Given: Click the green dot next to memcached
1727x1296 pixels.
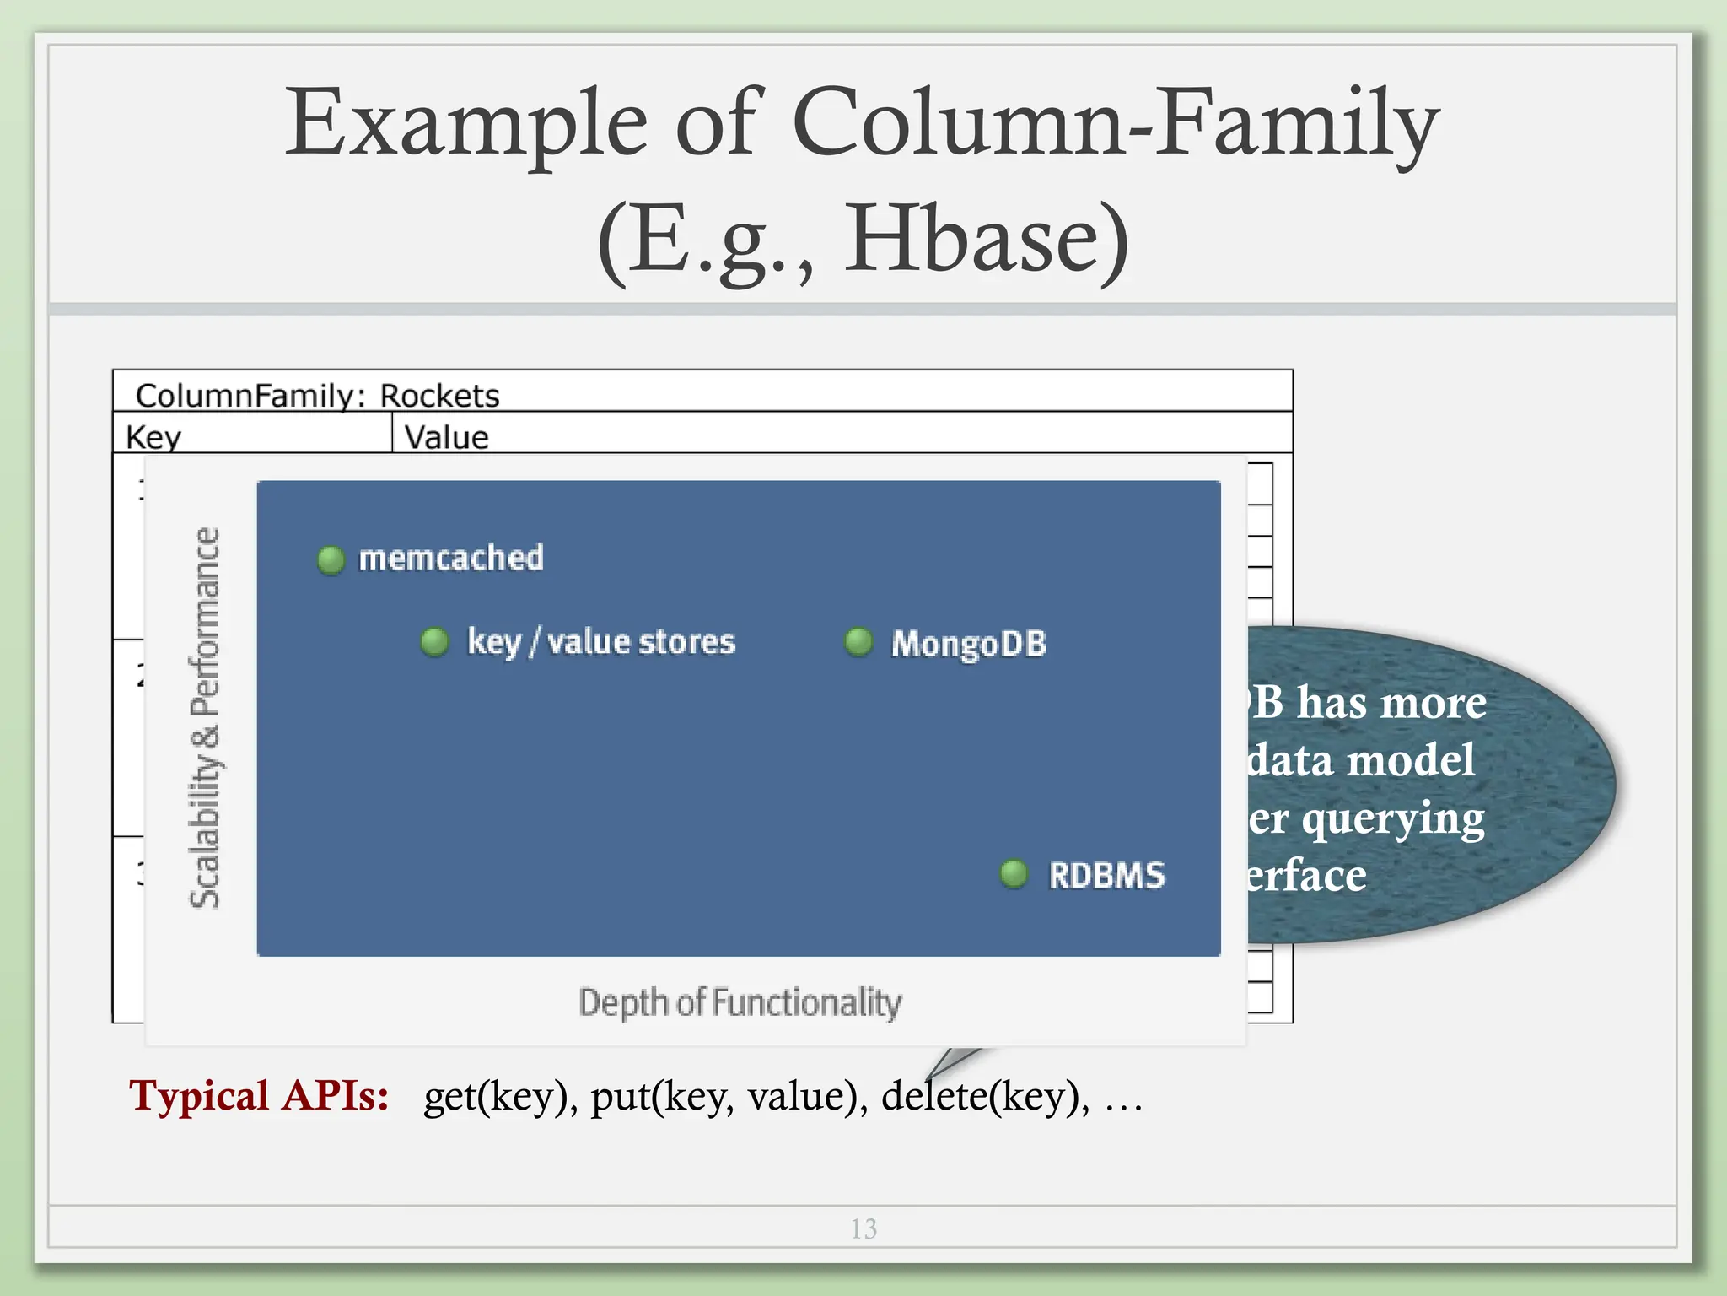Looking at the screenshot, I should coord(331,559).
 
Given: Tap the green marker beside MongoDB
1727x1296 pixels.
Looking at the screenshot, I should coord(858,642).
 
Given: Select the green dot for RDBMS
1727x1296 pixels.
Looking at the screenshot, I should coord(1014,874).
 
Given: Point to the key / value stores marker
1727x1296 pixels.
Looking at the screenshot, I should coord(434,642).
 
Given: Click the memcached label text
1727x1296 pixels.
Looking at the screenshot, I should coord(451,559).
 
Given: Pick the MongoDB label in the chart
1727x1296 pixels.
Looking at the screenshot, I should coord(969,644).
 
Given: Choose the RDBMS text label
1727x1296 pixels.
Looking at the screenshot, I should coord(1106,875).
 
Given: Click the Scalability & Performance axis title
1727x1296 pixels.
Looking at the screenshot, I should coord(205,717).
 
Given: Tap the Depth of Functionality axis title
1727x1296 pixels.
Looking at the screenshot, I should coord(740,1003).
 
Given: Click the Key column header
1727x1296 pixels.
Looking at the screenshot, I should coord(153,437).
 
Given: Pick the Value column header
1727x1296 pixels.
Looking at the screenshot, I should coord(446,437).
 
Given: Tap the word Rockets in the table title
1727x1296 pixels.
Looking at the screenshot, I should coord(439,396).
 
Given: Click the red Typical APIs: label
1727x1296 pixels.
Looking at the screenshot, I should coord(259,1096).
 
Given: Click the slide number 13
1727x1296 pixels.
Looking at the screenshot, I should coord(863,1228).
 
